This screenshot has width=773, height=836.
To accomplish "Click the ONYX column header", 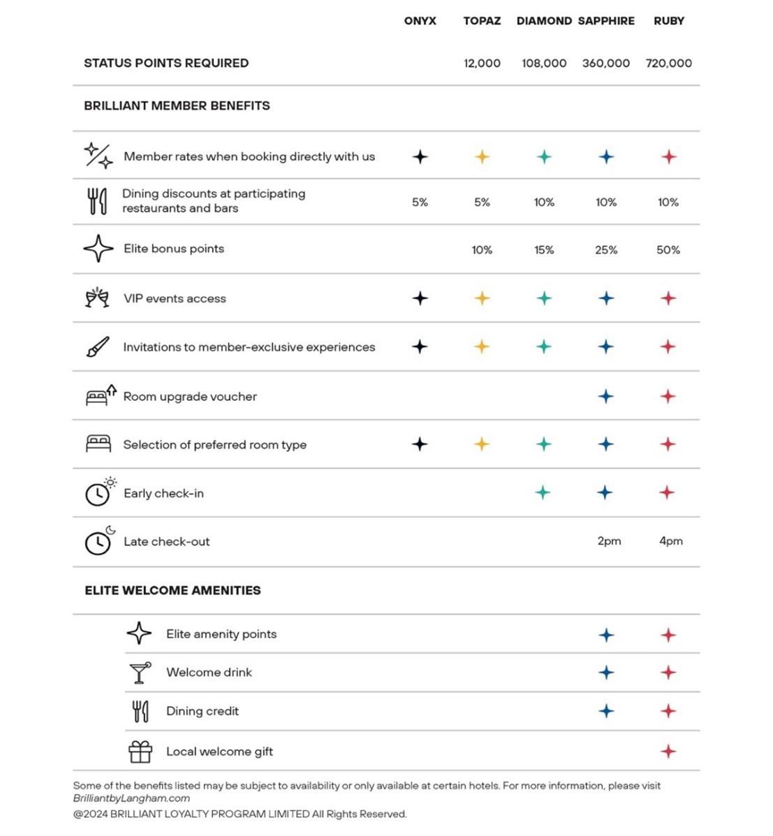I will click(x=420, y=21).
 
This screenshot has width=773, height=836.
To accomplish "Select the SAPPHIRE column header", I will click(x=606, y=21).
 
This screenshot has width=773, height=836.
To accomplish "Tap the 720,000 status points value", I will click(x=668, y=64).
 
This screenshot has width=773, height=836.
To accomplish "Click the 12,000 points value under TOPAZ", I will click(x=482, y=64).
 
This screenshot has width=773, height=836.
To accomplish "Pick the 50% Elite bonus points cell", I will click(x=668, y=250).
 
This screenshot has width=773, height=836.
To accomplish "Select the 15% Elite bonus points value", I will click(x=544, y=250).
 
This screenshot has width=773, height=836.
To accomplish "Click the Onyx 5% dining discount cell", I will click(x=420, y=203).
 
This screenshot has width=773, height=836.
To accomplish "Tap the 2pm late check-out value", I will click(x=609, y=541).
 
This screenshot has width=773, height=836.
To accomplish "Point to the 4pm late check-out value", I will click(x=670, y=541).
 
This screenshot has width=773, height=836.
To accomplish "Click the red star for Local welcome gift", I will click(x=668, y=751).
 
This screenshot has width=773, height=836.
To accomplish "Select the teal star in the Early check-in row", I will click(x=543, y=493).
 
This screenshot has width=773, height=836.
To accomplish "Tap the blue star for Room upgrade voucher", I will click(x=605, y=397).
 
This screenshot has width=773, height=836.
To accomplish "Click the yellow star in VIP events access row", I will click(x=482, y=298).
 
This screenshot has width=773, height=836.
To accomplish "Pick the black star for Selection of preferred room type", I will click(x=420, y=444).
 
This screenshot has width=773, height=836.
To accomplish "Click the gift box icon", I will click(x=140, y=751).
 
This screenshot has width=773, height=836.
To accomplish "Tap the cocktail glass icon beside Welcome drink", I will click(x=140, y=673).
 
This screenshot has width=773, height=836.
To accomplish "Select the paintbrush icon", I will click(x=98, y=347).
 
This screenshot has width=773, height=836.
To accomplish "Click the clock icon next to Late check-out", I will click(x=98, y=542).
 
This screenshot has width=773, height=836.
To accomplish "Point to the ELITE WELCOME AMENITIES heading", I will click(x=172, y=591).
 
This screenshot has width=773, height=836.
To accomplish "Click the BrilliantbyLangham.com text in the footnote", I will click(x=131, y=798).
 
